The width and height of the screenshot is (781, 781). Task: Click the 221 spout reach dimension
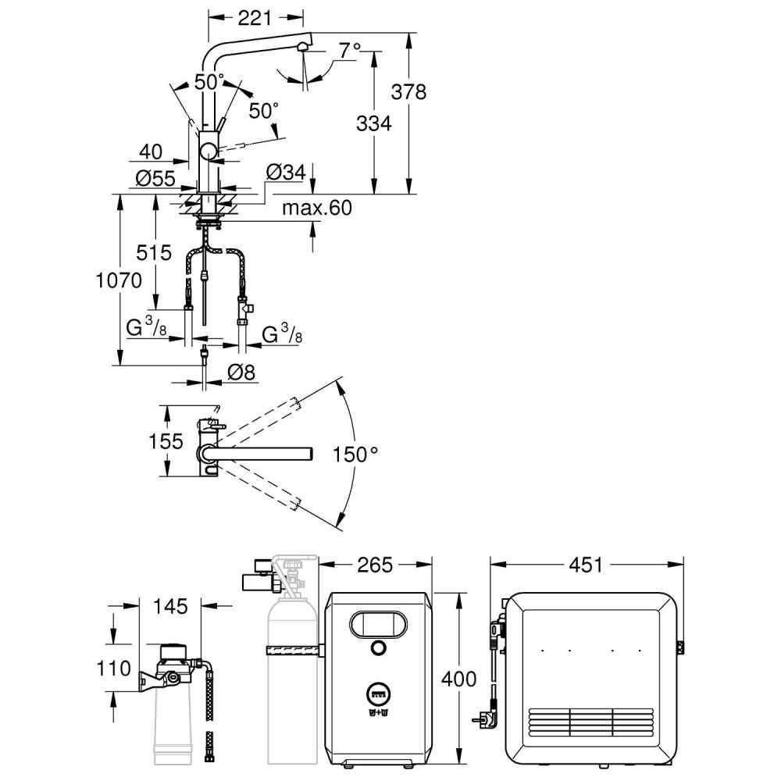pyautogui.click(x=255, y=18)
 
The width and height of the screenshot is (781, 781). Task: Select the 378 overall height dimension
pyautogui.click(x=408, y=92)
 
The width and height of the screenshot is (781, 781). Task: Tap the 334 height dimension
pyautogui.click(x=373, y=123)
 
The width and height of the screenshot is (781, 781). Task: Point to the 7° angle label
pyautogui.click(x=350, y=50)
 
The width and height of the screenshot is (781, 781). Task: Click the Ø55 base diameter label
pyautogui.click(x=155, y=178)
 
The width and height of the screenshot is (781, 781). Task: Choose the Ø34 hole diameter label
pyautogui.click(x=286, y=173)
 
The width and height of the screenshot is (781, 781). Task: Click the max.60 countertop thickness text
pyautogui.click(x=317, y=208)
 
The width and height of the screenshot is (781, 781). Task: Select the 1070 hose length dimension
pyautogui.click(x=119, y=280)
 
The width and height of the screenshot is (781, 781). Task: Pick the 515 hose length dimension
pyautogui.click(x=154, y=253)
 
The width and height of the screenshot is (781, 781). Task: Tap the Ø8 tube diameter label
pyautogui.click(x=241, y=372)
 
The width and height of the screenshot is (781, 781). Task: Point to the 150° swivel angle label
pyautogui.click(x=355, y=455)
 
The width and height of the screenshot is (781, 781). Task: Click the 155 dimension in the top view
pyautogui.click(x=166, y=441)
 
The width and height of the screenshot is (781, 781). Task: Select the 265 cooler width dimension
pyautogui.click(x=375, y=565)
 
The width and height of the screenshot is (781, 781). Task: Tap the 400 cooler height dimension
pyautogui.click(x=458, y=679)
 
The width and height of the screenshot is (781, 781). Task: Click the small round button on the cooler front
pyautogui.click(x=378, y=647)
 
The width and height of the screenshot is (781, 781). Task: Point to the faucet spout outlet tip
pyautogui.click(x=301, y=48)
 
